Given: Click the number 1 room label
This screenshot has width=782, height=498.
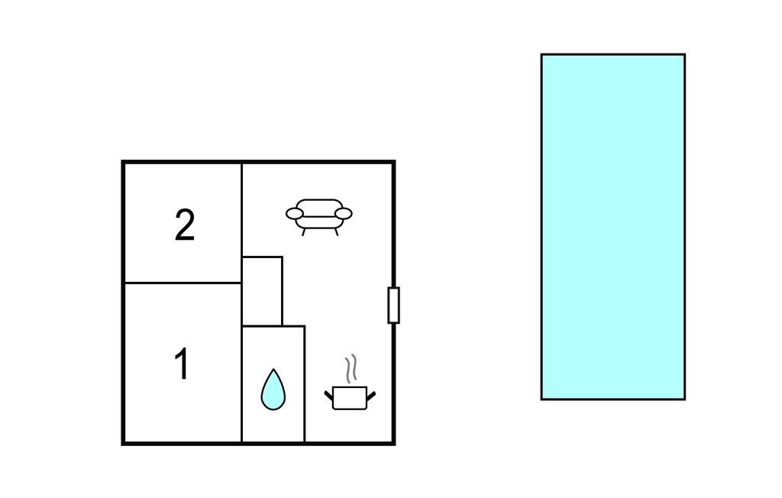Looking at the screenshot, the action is click(x=182, y=364).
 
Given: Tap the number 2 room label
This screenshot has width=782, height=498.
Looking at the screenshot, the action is click(x=185, y=225).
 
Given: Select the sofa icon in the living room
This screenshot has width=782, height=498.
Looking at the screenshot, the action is click(x=319, y=217).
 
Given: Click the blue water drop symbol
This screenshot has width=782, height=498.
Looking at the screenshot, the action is click(x=273, y=390).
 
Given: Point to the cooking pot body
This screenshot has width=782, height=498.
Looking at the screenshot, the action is click(x=350, y=398).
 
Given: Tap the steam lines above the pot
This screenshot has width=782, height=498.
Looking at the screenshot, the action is click(x=351, y=369).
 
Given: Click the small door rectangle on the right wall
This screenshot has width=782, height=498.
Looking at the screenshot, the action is click(x=393, y=305).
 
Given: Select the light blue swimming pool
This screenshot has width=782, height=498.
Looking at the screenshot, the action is click(x=613, y=227).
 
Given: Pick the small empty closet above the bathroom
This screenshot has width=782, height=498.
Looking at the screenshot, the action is click(x=262, y=292).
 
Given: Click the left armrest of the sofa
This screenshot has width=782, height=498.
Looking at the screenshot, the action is click(x=295, y=214).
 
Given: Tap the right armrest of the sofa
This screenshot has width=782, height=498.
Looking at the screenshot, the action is click(x=344, y=214).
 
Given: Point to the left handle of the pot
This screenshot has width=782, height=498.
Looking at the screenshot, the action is click(x=328, y=396).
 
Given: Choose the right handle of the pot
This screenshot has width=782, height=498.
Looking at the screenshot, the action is click(x=371, y=396).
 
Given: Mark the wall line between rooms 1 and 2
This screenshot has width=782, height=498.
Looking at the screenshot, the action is click(x=183, y=283).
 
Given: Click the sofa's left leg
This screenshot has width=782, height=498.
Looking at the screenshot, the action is click(x=304, y=232).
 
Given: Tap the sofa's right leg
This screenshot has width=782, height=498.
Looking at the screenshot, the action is click(x=337, y=232).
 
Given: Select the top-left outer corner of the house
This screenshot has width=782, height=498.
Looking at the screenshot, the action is click(x=123, y=161).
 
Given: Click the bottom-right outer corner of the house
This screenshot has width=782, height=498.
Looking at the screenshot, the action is click(x=395, y=444).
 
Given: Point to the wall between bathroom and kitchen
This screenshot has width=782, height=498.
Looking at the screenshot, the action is click(x=305, y=383).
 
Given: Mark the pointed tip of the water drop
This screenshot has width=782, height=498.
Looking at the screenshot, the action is click(x=273, y=369).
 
